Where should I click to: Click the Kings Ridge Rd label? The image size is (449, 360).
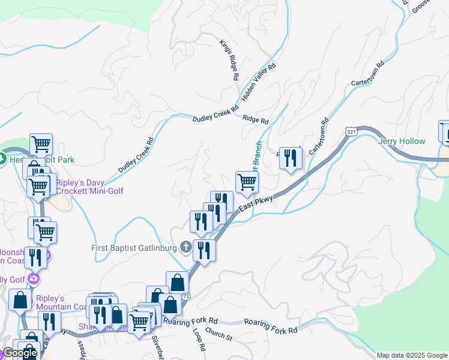(229, 60)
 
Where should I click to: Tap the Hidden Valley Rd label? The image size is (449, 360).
(258, 82)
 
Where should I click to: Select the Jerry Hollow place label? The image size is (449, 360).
(402, 142)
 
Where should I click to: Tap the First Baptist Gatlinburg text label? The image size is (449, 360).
(134, 248)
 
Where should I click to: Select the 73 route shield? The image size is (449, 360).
(186, 296)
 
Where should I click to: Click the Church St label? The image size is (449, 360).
(218, 334)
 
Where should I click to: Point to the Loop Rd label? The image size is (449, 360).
(199, 339)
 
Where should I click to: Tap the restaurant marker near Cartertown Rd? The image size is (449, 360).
(290, 158)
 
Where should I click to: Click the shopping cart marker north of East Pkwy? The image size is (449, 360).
(247, 182)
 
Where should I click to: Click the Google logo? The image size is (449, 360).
(20, 353)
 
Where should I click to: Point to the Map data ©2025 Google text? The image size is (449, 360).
(412, 355)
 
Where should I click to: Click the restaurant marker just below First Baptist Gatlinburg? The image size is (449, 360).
(204, 251)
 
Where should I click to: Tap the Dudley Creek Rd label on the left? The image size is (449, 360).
(136, 155)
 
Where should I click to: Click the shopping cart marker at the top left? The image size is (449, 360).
(41, 145)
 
